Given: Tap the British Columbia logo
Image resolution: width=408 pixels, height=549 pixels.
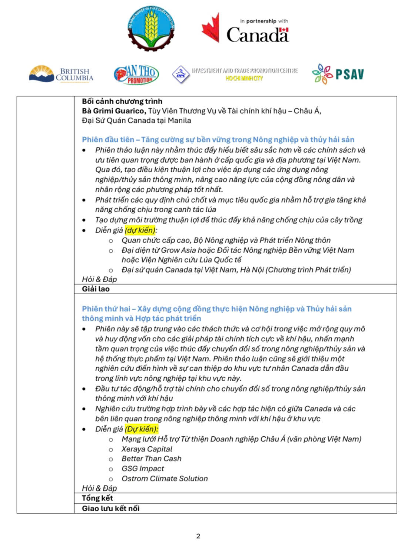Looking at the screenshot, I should click(61, 74).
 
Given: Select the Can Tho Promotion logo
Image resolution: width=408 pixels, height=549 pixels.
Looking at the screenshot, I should click(136, 74).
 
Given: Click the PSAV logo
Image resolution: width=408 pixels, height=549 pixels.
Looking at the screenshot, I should click(338, 74).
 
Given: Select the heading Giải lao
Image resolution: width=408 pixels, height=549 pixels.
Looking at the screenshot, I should click(96, 289).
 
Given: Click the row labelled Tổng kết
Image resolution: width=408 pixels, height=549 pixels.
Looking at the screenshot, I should click(97, 498).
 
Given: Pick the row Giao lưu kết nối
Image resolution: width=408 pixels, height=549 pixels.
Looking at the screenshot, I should click(111, 508).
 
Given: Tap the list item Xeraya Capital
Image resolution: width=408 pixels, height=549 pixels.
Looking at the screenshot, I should click(147, 449).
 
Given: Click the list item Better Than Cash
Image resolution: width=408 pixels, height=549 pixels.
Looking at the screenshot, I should click(151, 458).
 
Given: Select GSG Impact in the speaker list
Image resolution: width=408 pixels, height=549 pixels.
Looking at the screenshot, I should click(143, 468).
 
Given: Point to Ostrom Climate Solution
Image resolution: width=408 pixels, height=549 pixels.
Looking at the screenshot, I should click(165, 478).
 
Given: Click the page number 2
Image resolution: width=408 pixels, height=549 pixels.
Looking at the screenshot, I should click(198, 536).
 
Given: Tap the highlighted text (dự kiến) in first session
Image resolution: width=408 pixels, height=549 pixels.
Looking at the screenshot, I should click(140, 230).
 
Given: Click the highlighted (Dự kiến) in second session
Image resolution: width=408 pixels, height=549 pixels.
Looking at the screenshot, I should click(141, 429).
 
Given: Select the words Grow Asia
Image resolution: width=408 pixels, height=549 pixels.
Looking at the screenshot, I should click(175, 250).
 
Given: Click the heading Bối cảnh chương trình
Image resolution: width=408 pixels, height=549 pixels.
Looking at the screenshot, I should click(122, 101).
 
